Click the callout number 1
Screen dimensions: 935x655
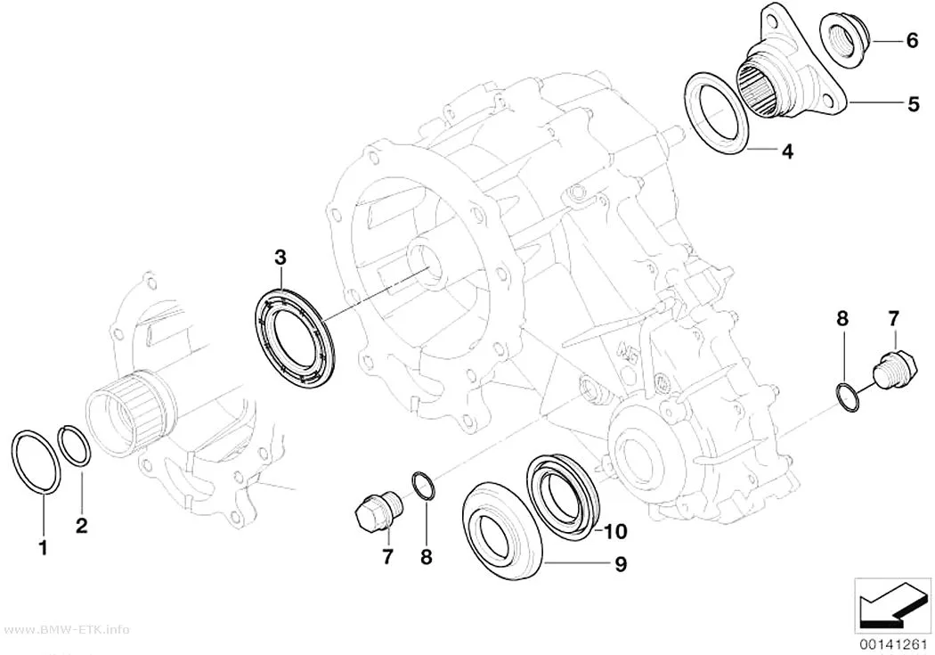(43, 547)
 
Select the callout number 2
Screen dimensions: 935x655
(82, 524)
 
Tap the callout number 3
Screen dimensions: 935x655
(280, 258)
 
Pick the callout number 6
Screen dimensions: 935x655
(913, 41)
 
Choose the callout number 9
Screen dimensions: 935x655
(621, 564)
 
